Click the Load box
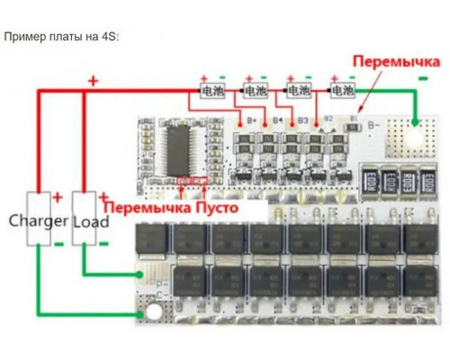pos(90,220)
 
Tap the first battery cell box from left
pos(211,91)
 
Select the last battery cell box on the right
pos(342,91)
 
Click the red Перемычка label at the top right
pos(396,62)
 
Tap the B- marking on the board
pos(371,119)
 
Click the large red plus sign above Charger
pos(92,80)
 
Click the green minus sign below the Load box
pos(103,243)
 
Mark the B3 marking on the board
pos(303,119)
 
